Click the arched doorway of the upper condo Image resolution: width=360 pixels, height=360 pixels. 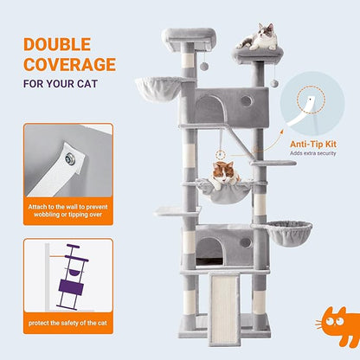pos(208,110)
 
